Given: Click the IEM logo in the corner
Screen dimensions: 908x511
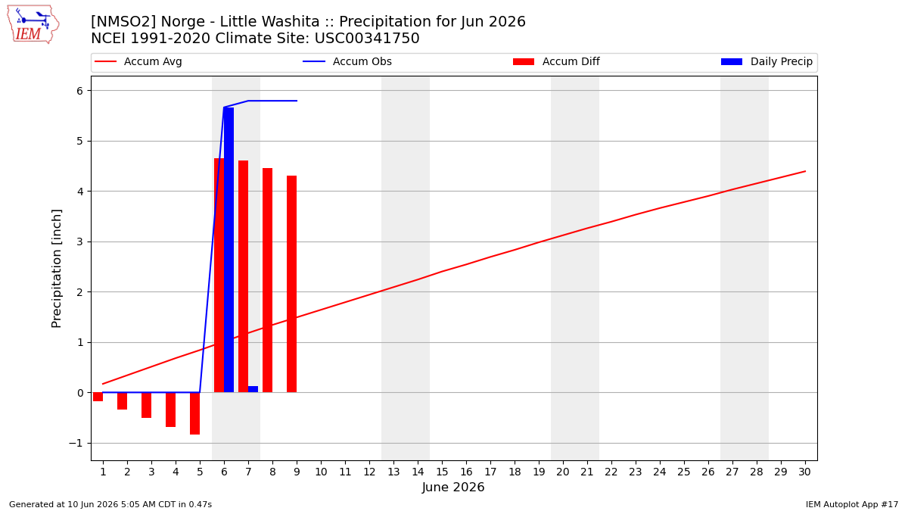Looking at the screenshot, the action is pyautogui.click(x=33, y=24).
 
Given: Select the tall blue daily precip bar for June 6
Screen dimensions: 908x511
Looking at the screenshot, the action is pyautogui.click(x=229, y=250).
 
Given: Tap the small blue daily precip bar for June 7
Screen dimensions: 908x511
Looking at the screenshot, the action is pyautogui.click(x=253, y=389).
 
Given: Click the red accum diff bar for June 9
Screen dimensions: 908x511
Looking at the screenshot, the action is pyautogui.click(x=291, y=284).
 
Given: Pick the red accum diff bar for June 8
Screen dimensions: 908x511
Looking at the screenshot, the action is pyautogui.click(x=268, y=280).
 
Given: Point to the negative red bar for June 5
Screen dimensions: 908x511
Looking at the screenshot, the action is pyautogui.click(x=194, y=413).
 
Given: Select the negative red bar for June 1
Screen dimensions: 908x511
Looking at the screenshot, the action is pyautogui.click(x=98, y=397).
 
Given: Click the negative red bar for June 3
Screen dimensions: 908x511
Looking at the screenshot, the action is pyautogui.click(x=146, y=405).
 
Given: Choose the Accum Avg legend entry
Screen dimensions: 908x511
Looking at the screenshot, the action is pyautogui.click(x=138, y=61).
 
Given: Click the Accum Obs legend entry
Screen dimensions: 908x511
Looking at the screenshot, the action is pyautogui.click(x=347, y=61).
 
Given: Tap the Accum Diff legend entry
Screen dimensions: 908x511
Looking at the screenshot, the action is pyautogui.click(x=556, y=61).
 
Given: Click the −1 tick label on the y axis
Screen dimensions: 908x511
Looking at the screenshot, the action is pyautogui.click(x=76, y=444).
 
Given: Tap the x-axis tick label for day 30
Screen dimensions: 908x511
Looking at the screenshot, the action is pyautogui.click(x=804, y=472).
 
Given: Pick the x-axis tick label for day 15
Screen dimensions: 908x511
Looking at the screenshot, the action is pyautogui.click(x=442, y=472).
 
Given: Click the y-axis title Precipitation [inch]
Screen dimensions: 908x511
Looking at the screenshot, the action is pyautogui.click(x=56, y=269).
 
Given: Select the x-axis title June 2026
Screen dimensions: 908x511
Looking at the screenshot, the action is pyautogui.click(x=453, y=487).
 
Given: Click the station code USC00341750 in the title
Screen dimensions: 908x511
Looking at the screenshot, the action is pyautogui.click(x=367, y=39).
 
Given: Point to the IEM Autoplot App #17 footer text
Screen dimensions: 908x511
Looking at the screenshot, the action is pyautogui.click(x=852, y=504).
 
